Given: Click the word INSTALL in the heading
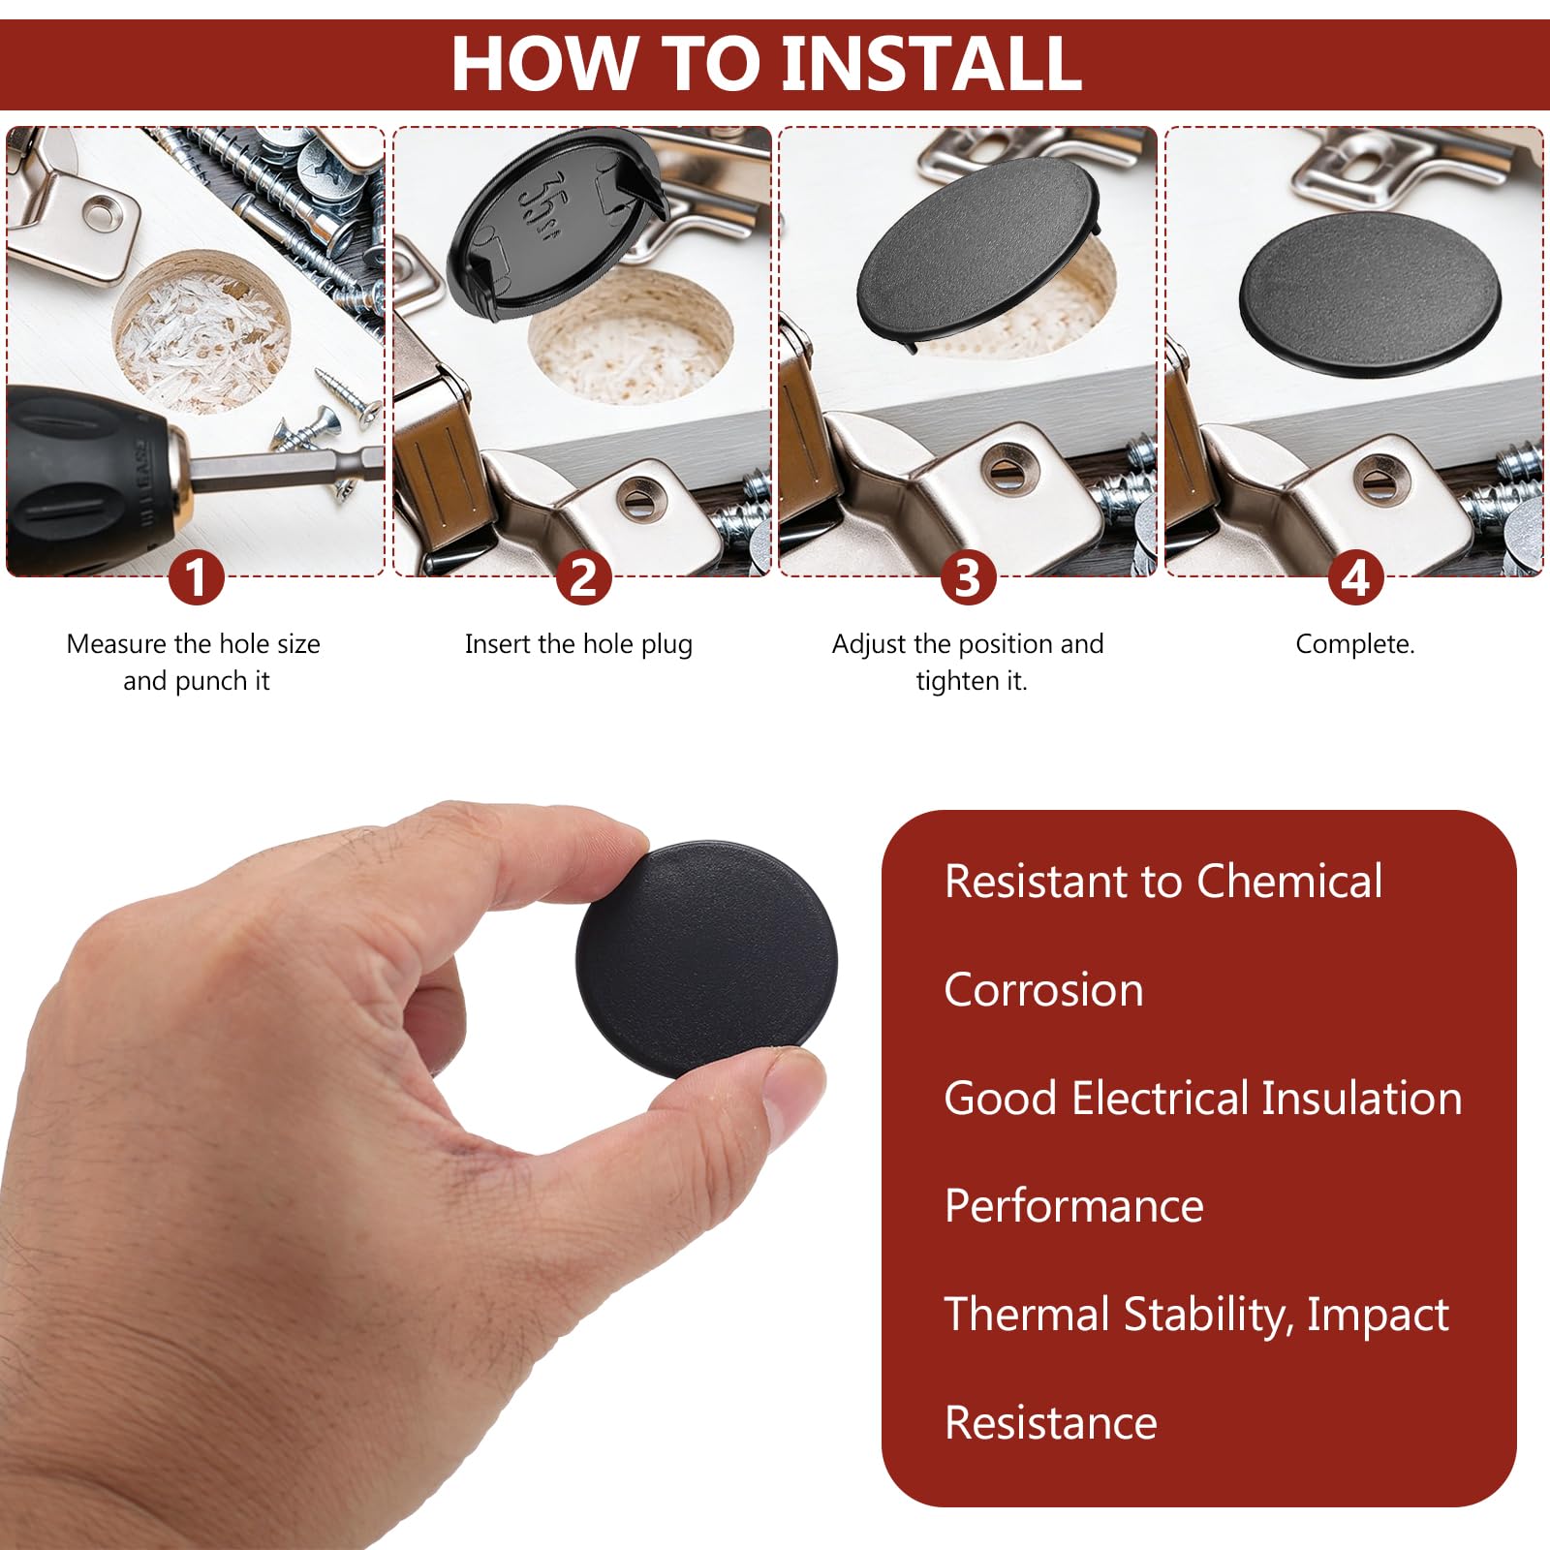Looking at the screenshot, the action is coord(931,63).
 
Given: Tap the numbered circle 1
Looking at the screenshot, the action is coord(197,578).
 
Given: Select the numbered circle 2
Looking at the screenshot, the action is coord(583,578).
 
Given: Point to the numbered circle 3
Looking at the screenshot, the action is coord(968,578).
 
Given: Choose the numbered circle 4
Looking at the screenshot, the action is coord(1354,578).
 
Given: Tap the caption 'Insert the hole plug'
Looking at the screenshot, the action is coord(578,645).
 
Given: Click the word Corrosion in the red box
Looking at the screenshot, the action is coord(1043,990).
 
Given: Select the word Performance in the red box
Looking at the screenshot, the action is coord(1073,1206).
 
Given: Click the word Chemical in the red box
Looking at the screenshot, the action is coord(1289,882).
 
